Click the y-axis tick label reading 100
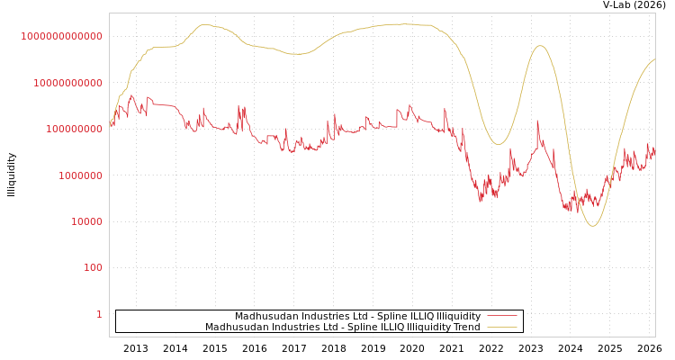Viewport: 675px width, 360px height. tap(93, 268)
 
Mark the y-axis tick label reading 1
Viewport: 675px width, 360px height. tap(99, 314)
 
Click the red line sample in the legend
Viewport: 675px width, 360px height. tap(501, 316)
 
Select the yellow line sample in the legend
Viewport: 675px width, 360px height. tap(501, 327)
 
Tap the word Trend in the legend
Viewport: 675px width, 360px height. tap(465, 327)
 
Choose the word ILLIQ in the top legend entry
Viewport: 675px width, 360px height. tap(406, 316)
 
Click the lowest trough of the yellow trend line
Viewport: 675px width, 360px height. tap(591, 226)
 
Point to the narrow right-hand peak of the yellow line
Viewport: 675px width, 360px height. tap(540, 46)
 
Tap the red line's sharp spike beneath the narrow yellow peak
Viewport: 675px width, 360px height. tap(537, 121)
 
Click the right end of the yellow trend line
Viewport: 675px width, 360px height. tap(654, 59)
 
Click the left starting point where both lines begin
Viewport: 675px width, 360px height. tap(111, 123)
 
